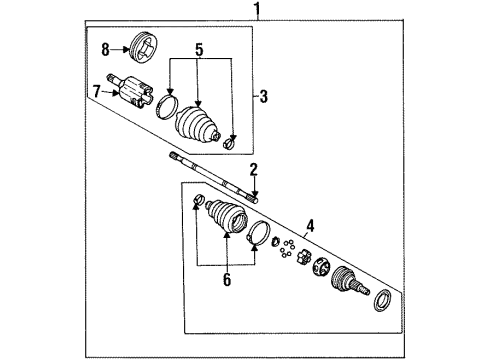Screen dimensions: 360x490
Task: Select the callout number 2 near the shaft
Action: click(x=254, y=169)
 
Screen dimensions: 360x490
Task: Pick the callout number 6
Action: click(x=226, y=281)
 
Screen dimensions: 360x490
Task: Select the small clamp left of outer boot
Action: click(x=197, y=206)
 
